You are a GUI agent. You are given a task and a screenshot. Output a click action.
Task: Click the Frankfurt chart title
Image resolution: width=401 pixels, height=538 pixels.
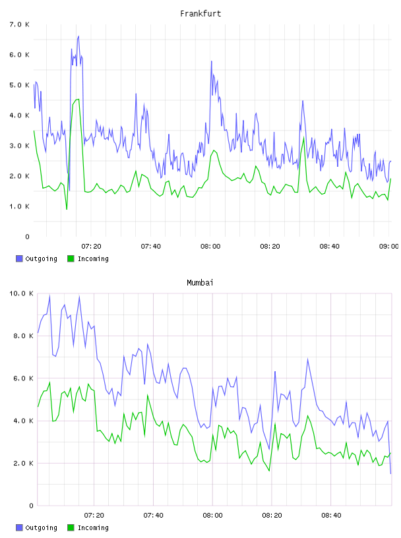point(200,14)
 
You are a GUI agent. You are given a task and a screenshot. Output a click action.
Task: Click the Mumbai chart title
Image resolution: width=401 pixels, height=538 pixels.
point(200,283)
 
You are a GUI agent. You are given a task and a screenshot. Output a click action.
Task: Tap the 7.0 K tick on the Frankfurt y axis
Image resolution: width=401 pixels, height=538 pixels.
point(20,24)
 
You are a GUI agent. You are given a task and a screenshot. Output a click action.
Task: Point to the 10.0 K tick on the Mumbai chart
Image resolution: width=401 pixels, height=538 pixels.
point(21,293)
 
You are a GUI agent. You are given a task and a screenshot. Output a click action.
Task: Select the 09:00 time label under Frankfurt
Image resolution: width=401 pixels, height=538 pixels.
point(388,247)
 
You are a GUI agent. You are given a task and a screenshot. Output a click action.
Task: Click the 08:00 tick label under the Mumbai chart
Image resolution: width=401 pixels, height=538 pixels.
point(212,516)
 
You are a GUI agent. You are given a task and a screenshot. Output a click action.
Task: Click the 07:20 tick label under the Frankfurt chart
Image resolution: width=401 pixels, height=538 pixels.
point(91,247)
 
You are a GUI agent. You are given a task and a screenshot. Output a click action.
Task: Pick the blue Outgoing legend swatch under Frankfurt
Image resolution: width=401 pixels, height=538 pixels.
point(19,258)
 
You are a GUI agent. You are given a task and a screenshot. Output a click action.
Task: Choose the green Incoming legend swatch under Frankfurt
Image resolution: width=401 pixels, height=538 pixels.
point(71,258)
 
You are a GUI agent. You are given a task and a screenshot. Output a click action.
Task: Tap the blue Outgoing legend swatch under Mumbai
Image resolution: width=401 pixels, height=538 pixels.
point(19,527)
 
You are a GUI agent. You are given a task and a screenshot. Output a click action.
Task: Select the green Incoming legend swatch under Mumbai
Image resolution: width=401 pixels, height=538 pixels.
point(71,527)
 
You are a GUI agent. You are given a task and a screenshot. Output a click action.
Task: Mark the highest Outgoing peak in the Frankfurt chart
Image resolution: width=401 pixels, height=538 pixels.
point(78,36)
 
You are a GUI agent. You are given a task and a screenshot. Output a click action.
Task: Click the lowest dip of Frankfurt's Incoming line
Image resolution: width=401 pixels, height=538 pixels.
point(67,209)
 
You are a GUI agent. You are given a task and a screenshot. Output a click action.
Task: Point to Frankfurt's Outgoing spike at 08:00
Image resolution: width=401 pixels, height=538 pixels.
point(212,61)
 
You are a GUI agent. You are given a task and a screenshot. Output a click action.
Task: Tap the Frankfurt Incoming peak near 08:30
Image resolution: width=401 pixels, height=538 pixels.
point(304,137)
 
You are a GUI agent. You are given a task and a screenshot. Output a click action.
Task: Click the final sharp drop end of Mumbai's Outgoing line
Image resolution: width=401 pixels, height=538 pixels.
point(390,473)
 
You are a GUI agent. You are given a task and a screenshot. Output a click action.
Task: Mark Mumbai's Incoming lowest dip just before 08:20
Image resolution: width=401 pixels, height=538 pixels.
point(269,471)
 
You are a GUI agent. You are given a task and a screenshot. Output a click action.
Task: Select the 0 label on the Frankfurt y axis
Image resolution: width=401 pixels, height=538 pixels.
point(28,237)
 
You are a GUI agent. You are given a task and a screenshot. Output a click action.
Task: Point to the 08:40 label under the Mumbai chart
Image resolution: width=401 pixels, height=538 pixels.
point(331,516)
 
